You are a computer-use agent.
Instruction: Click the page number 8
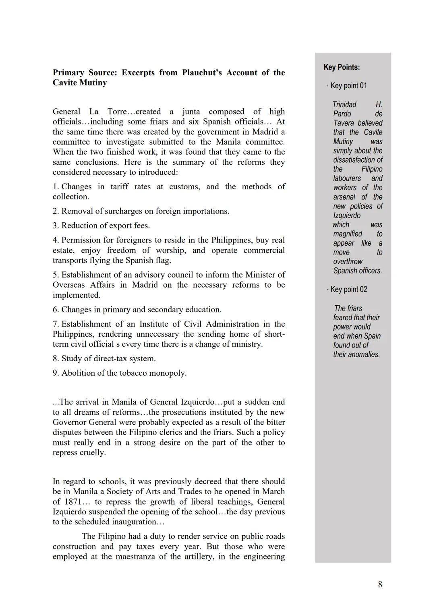coord(380,584)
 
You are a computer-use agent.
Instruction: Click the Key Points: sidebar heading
coord(342,67)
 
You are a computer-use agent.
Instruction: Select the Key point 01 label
coord(348,85)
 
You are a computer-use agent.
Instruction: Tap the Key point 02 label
coord(348,289)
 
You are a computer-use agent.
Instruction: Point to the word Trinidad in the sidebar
coord(344,104)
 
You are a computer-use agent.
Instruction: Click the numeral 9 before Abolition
coord(55,373)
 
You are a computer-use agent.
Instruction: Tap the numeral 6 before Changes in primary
coord(55,309)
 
